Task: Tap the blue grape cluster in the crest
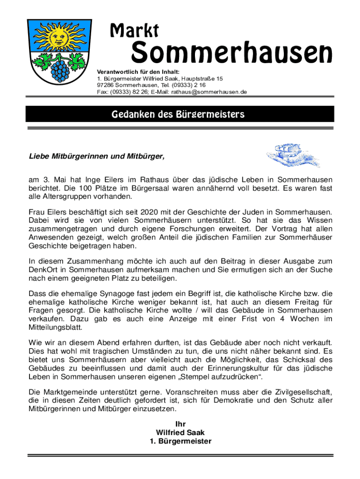61,69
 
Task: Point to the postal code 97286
105,86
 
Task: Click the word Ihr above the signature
180,424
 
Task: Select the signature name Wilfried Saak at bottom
180,433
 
